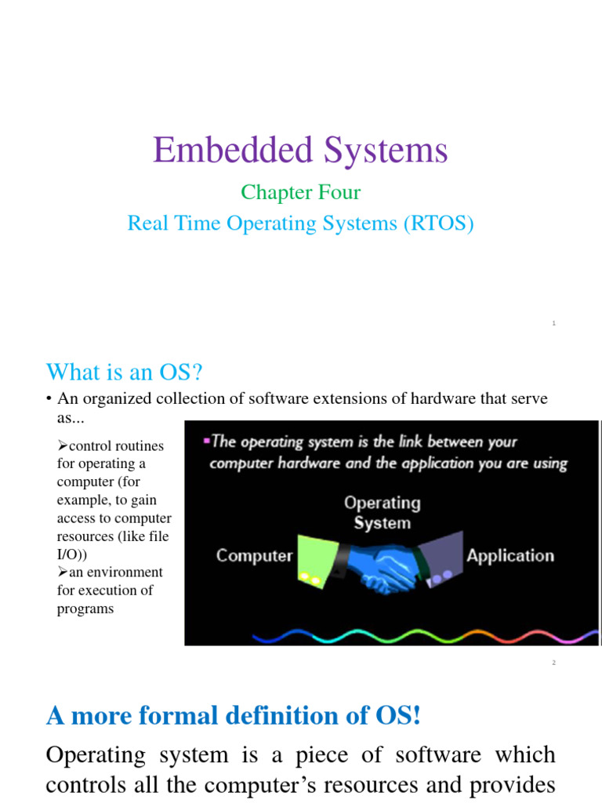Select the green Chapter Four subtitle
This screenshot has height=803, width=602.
(300, 192)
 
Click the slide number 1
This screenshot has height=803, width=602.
(553, 323)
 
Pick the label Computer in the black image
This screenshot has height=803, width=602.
(254, 556)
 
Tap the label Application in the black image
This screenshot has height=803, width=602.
(510, 556)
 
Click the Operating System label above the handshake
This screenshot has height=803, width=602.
(383, 512)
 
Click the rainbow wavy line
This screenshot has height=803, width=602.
(392, 632)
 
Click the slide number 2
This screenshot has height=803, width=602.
(553, 663)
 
